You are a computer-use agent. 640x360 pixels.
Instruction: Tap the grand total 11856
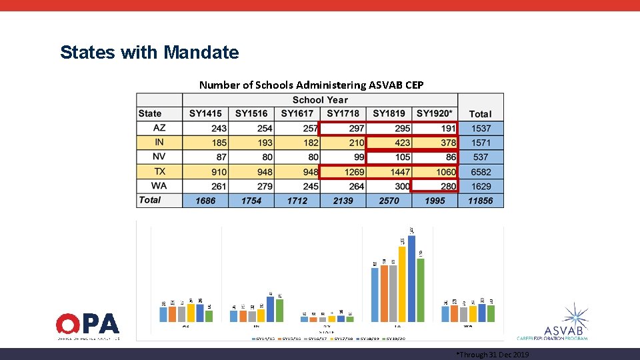pos(480,201)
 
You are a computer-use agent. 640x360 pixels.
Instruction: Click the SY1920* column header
pos(435,114)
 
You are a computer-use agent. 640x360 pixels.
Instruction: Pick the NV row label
pos(159,157)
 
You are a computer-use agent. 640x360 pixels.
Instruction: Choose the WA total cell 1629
pos(480,187)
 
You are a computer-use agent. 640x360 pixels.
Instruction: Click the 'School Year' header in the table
pos(320,100)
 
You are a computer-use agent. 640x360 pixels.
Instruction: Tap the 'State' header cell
pos(151,114)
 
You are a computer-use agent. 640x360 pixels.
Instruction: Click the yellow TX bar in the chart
pos(402,284)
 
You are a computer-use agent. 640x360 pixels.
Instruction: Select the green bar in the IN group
pos(279,310)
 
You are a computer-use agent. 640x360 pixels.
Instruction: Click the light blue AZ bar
pos(163,314)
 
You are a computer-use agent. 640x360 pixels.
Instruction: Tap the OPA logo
pos(88,326)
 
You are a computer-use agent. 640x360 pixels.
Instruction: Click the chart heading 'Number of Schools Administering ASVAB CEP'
pos(311,85)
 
